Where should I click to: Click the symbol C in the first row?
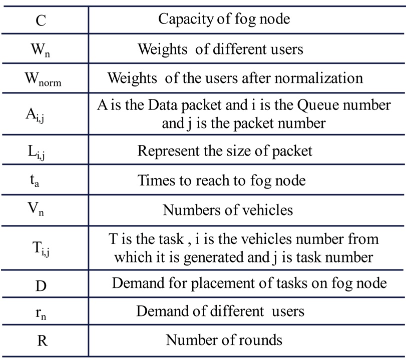tap(41, 20)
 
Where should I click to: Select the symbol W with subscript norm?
tap(43, 79)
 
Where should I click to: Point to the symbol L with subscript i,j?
tap(36, 152)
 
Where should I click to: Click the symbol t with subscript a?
tap(35, 180)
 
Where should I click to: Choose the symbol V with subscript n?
tap(36, 208)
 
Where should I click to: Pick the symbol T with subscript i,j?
tap(41, 248)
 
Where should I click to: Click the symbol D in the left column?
tap(41, 286)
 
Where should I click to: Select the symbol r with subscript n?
tap(41, 314)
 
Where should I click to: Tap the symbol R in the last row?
tap(43, 340)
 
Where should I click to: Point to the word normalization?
tap(319, 78)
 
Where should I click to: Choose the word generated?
tap(214, 258)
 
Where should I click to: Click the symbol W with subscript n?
tap(40, 49)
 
